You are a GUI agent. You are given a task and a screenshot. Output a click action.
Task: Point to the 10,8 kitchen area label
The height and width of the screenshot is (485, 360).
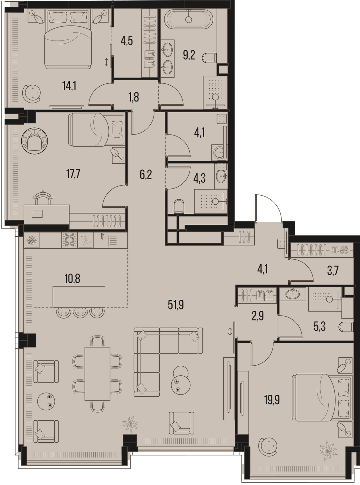[72, 279]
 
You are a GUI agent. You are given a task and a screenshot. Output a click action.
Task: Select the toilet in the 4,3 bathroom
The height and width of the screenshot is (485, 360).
[179, 206]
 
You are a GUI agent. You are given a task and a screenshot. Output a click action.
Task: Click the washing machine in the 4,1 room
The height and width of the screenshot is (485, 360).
[218, 151]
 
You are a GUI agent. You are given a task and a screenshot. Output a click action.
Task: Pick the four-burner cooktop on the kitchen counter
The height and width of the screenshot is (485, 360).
[69, 240]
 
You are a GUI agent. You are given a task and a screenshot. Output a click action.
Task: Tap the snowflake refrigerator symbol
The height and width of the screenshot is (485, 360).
[32, 240]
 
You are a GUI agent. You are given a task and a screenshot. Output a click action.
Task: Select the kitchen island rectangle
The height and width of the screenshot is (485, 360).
[79, 296]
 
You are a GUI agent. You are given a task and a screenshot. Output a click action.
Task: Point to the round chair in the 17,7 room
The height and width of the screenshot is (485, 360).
[35, 141]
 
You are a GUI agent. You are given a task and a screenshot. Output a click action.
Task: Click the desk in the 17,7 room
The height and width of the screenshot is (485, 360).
[47, 214]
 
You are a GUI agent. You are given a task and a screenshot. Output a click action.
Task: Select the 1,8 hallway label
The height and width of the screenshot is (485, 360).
[133, 97]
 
